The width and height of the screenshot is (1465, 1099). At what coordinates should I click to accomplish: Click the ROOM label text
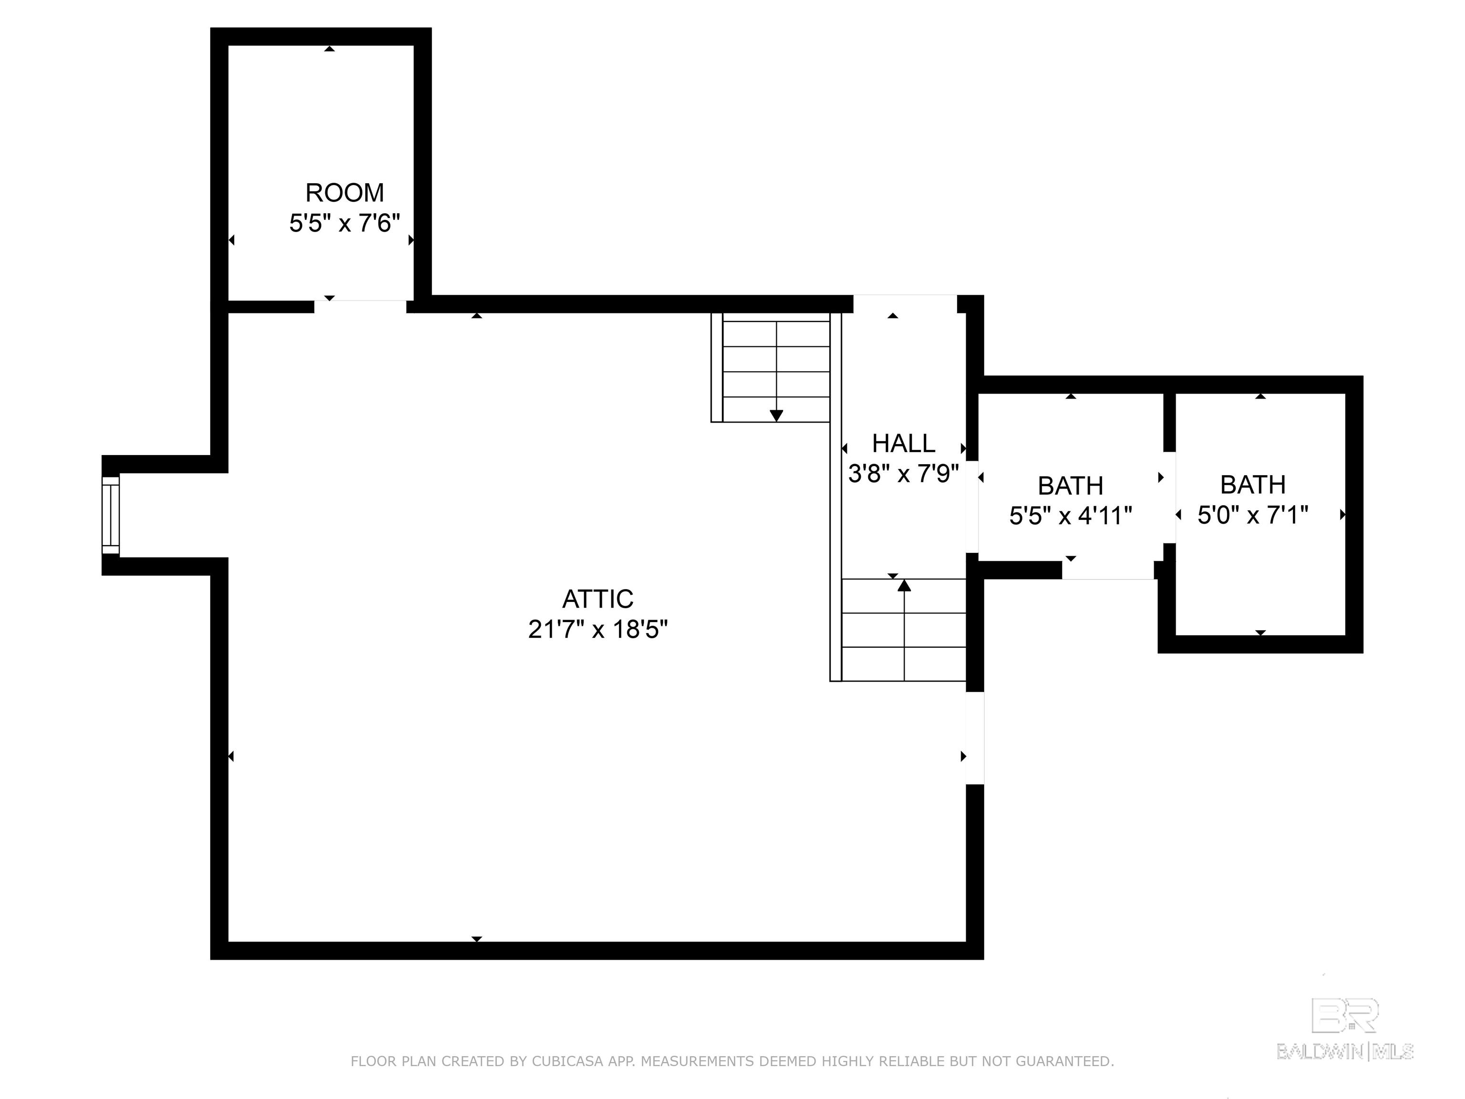tap(344, 193)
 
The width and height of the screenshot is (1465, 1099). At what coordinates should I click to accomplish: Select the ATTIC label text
tap(598, 599)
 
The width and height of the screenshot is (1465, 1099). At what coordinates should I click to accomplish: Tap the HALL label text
tap(903, 443)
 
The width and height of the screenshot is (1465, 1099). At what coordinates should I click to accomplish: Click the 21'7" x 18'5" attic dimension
tap(598, 629)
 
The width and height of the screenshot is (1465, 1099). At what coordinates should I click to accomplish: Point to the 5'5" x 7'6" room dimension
tap(344, 223)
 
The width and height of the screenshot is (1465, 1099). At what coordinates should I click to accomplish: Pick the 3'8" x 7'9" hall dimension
tap(903, 474)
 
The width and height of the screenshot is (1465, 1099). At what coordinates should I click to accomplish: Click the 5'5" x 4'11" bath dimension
tap(1070, 515)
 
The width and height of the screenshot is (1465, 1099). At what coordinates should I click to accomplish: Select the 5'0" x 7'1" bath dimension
tap(1252, 514)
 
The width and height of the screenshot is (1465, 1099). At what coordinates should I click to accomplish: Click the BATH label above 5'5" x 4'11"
tap(1070, 486)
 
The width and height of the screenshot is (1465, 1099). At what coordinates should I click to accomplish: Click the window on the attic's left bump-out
tap(111, 515)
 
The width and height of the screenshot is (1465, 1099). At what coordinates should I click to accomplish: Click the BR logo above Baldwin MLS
tap(1345, 1016)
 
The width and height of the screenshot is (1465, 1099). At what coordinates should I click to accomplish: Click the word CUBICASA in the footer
tap(567, 1061)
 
